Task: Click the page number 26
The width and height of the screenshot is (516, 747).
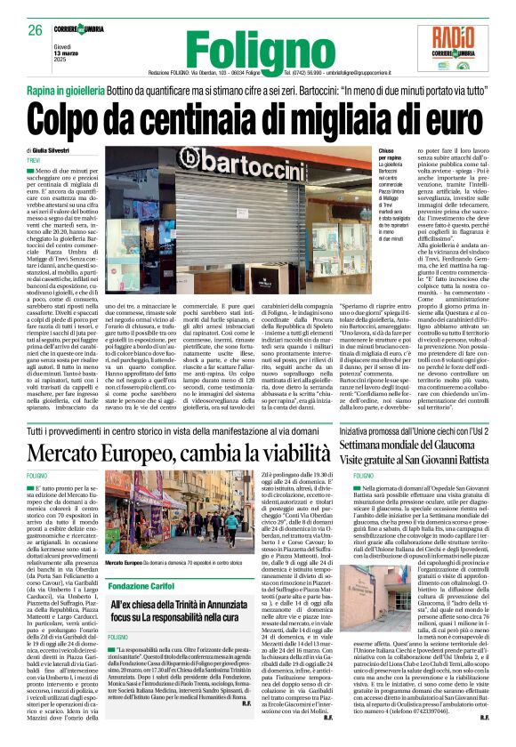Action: pyautogui.click(x=36, y=30)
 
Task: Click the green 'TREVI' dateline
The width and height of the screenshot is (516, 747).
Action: pyautogui.click(x=36, y=160)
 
